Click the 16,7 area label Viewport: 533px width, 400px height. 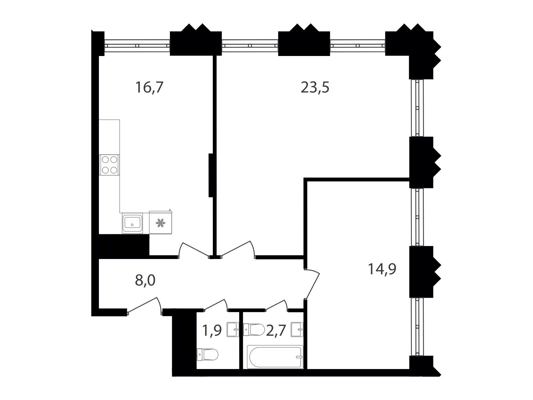[x=149, y=87]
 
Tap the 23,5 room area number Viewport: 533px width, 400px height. [x=315, y=87]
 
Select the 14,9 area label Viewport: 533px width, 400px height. [x=382, y=269]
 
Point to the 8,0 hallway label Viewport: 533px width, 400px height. [x=145, y=281]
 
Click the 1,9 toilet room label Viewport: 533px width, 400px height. [x=212, y=331]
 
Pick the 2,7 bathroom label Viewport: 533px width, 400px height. [x=275, y=331]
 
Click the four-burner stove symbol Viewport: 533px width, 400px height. [x=110, y=165]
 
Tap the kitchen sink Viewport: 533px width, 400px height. [x=132, y=223]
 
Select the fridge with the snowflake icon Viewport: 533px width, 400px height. [x=161, y=222]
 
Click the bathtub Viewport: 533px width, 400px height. [x=275, y=357]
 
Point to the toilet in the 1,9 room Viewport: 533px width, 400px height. [x=208, y=355]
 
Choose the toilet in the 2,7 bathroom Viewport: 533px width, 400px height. [x=254, y=330]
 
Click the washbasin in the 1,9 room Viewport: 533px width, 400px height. [x=233, y=330]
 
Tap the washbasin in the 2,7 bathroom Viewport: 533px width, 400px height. [x=297, y=330]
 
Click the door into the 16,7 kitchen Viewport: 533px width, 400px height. [x=194, y=250]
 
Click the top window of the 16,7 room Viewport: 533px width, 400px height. [x=137, y=45]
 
